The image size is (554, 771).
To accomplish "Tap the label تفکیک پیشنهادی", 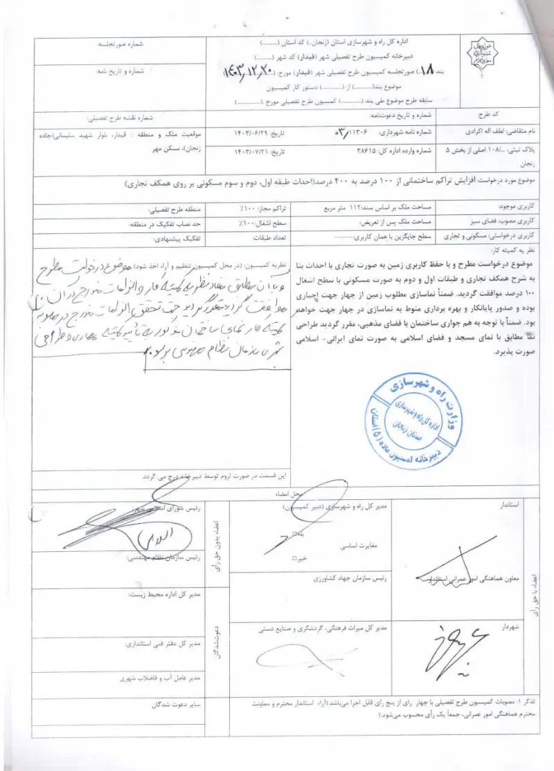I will tap(169, 236).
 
